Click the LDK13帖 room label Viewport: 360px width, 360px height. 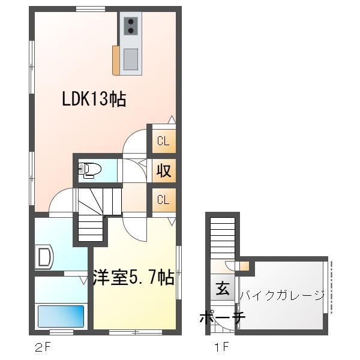(94, 99)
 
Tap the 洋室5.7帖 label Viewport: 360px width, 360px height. (133, 278)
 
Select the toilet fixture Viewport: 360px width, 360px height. (88, 171)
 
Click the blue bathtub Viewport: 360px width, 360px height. (61, 316)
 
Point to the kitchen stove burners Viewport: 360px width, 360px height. (130, 26)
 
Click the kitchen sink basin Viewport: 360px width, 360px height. (130, 58)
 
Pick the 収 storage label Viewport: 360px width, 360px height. (163, 170)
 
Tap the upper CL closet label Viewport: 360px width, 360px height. (163, 142)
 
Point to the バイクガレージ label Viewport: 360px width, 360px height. (282, 295)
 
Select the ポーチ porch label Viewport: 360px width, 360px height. (221, 317)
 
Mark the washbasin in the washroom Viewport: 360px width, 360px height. (44, 257)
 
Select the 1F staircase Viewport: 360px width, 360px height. (222, 237)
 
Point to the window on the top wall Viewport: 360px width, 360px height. (91, 8)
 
